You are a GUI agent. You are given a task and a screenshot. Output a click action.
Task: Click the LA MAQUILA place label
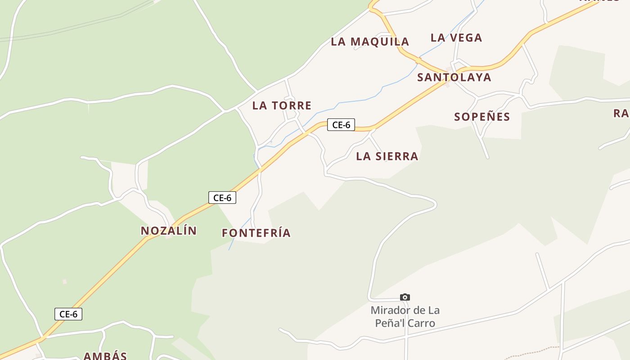pyautogui.click(x=370, y=42)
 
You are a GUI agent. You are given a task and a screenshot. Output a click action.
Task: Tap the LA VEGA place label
pyautogui.click(x=456, y=38)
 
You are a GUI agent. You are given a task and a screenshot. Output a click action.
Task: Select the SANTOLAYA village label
pyautogui.click(x=454, y=77)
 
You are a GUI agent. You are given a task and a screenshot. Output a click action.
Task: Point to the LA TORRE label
pyautogui.click(x=282, y=106)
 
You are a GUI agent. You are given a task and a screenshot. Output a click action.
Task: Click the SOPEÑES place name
pyautogui.click(x=482, y=117)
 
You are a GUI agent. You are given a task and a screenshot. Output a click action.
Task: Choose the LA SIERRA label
pyautogui.click(x=387, y=157)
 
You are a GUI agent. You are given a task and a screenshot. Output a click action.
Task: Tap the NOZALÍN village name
pyautogui.click(x=169, y=231)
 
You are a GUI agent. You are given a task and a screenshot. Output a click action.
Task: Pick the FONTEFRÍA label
pyautogui.click(x=256, y=233)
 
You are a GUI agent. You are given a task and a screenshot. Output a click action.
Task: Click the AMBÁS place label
pyautogui.click(x=105, y=355)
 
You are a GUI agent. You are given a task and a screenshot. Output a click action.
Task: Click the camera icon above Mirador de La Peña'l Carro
pyautogui.click(x=405, y=297)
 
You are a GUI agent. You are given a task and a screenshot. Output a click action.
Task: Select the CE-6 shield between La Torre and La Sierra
pyautogui.click(x=341, y=125)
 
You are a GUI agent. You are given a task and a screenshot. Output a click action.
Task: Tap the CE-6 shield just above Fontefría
pyautogui.click(x=222, y=197)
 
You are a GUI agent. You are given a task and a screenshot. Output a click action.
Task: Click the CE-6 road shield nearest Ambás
pyautogui.click(x=68, y=314)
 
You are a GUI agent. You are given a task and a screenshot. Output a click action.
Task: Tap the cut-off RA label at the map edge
pyautogui.click(x=621, y=113)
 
